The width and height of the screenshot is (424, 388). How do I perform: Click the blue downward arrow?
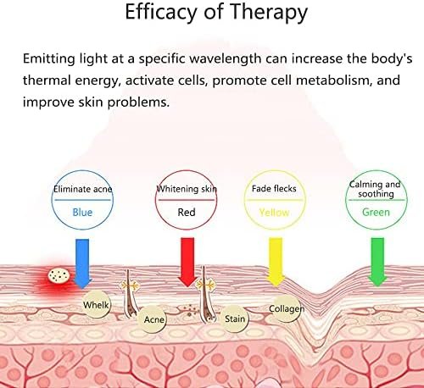coord(82,263)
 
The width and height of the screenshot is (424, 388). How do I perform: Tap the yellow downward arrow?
coord(276,262)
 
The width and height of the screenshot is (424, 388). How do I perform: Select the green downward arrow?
coord(377,262)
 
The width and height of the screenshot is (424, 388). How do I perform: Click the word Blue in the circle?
coord(82,212)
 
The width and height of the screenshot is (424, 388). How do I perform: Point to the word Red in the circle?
coord(187,212)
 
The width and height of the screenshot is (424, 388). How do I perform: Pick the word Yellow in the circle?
coord(274,213)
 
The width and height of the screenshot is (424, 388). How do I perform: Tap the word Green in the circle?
coord(376,212)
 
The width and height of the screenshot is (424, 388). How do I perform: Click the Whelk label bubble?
coord(96,304)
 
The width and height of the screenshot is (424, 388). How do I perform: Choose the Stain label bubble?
coord(235,319)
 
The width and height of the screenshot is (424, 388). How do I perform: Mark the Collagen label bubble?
coord(286,308)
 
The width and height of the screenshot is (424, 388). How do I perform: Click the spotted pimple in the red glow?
coord(59,275)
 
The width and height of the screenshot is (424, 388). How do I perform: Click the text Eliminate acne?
coord(83,189)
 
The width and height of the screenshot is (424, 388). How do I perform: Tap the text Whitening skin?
coord(187,189)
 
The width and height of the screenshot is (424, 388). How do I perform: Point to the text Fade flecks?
coord(274,188)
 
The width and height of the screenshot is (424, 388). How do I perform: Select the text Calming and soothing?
coord(375,189)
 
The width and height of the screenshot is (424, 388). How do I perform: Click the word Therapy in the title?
coord(269,13)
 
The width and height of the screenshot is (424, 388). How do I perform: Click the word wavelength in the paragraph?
coord(226,58)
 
